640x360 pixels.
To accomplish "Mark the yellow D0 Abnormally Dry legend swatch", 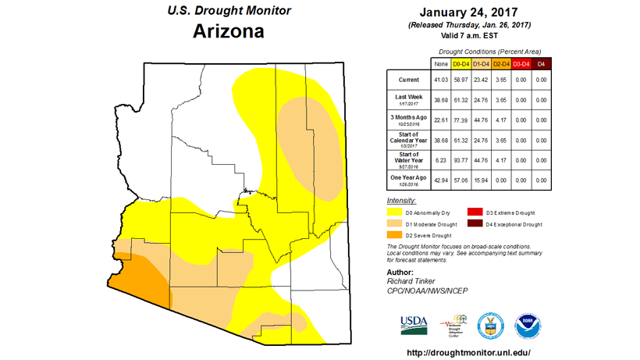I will [x=397, y=212].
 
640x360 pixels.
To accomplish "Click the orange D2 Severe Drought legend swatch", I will [x=397, y=235].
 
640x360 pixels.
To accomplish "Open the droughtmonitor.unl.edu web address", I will [x=469, y=352].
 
